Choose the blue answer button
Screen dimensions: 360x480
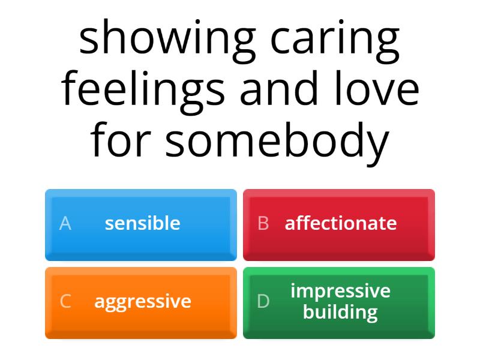coord(141,224)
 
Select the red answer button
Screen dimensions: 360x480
coord(339,224)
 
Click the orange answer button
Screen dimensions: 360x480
coord(141,302)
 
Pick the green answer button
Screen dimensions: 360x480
coord(339,302)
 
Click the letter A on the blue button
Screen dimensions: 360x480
coord(65,223)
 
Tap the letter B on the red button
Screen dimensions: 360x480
coord(263,223)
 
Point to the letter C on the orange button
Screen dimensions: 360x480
coord(65,301)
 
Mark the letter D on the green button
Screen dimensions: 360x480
coord(263,301)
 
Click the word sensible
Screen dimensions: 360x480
coord(142,223)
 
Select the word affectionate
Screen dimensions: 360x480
coord(341,223)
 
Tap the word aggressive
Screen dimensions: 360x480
coord(142,301)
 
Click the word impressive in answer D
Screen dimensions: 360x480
coord(340,291)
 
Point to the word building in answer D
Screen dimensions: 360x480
coord(340,312)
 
